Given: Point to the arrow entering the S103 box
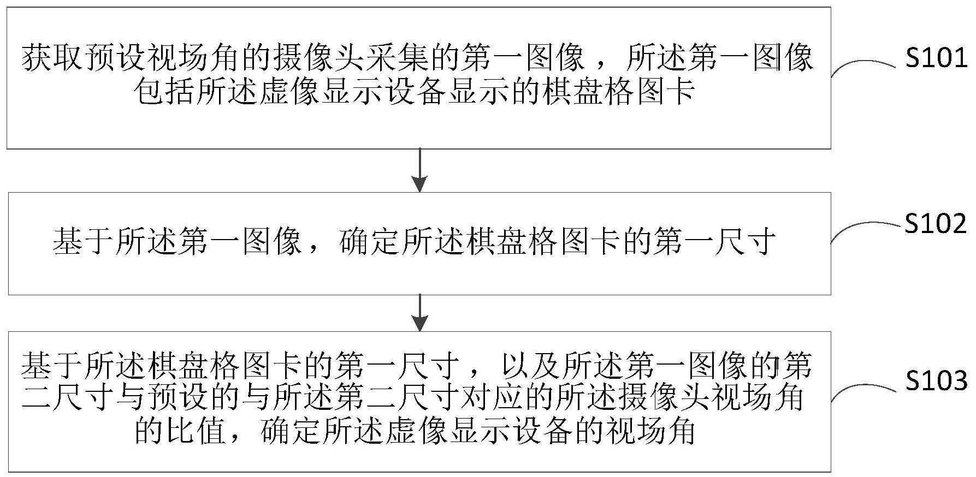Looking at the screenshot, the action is coord(419,313).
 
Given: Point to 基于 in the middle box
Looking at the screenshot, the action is coord(84,241).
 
